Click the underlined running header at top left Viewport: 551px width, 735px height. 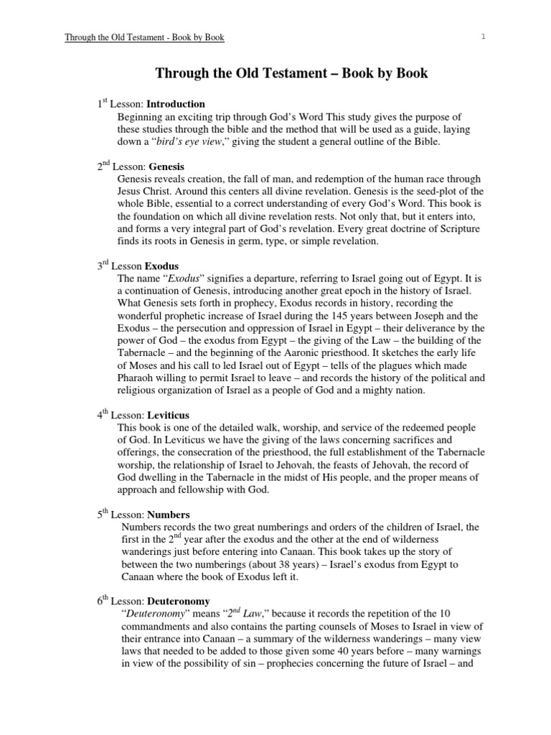point(144,37)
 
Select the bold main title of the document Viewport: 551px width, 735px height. point(292,74)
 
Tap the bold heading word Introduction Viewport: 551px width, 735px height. point(176,103)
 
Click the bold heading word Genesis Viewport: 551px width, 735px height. point(166,166)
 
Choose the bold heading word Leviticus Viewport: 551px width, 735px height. point(169,415)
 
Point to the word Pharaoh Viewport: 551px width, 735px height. point(136,378)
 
